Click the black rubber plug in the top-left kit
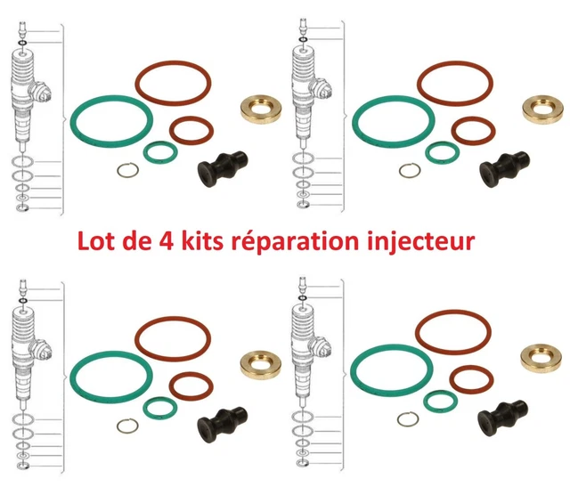click(x=223, y=168)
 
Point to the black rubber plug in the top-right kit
click(x=505, y=168)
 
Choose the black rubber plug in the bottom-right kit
click(x=502, y=418)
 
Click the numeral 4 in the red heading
click(x=165, y=241)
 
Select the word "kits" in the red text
click(x=202, y=240)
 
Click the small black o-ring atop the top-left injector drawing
click(x=22, y=44)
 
